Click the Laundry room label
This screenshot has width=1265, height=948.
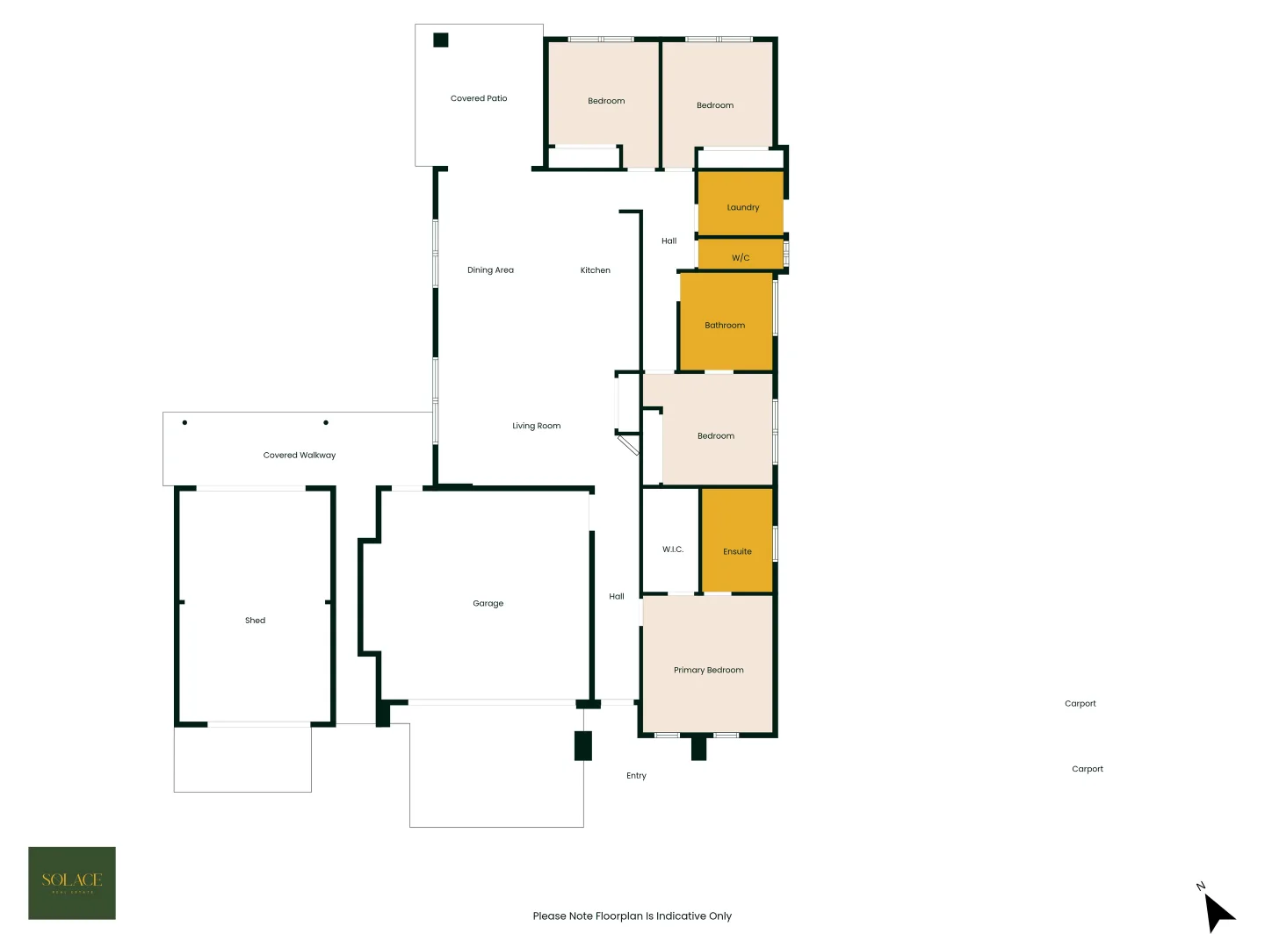point(742,208)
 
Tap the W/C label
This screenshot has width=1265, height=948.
point(741,258)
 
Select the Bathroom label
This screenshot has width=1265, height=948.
point(725,326)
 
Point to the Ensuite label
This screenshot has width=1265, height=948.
point(737,552)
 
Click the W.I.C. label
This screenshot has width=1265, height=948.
point(672,549)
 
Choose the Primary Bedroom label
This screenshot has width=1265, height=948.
point(708,671)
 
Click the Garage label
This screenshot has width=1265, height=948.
point(488,604)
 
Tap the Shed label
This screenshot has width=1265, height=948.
point(255,621)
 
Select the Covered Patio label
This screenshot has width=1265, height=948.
point(478,98)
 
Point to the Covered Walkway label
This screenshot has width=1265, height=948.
point(299,456)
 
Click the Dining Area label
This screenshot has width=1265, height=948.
point(490,270)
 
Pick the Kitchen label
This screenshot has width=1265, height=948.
point(595,270)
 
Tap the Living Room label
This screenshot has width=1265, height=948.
point(536,426)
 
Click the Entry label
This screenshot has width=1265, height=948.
point(636,776)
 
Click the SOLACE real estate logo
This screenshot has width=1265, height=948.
point(72,883)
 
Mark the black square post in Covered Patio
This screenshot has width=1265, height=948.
point(441,39)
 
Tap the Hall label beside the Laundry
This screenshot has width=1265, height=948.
point(669,241)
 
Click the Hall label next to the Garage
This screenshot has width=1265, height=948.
point(617,597)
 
